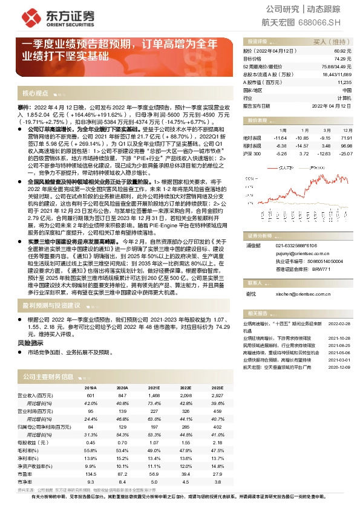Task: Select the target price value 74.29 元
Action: click(x=343, y=59)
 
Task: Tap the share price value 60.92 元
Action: click(x=343, y=51)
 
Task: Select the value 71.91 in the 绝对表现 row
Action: click(x=345, y=138)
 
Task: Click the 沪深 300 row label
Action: click(x=253, y=154)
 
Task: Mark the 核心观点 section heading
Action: click(x=35, y=94)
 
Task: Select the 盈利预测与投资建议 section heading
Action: click(x=53, y=306)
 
